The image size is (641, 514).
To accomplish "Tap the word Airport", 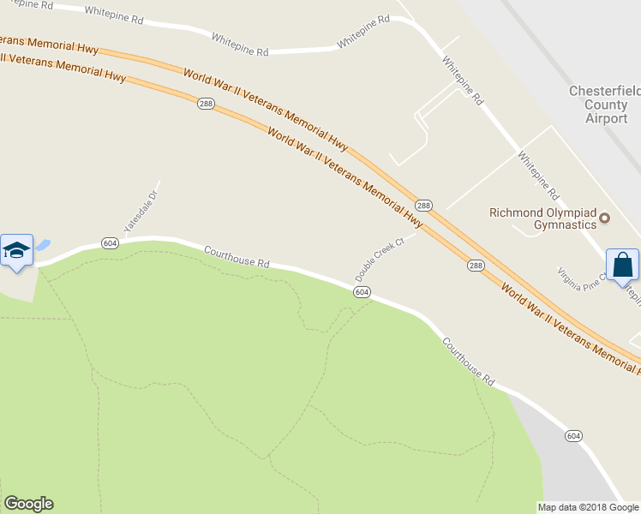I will pyautogui.click(x=607, y=118).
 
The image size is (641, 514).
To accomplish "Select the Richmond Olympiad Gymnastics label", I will pyautogui.click(x=542, y=218).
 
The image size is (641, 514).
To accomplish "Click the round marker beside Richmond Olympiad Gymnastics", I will pyautogui.click(x=605, y=218).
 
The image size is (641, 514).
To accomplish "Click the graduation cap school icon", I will pyautogui.click(x=16, y=250).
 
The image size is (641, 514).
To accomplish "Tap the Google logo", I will pyautogui.click(x=28, y=504).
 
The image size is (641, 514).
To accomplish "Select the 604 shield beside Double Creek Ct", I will pyautogui.click(x=362, y=292).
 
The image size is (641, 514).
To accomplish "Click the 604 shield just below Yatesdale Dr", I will pyautogui.click(x=109, y=242).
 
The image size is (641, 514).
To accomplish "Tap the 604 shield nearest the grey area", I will pyautogui.click(x=573, y=436).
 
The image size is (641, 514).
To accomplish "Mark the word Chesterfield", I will pyautogui.click(x=605, y=91).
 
